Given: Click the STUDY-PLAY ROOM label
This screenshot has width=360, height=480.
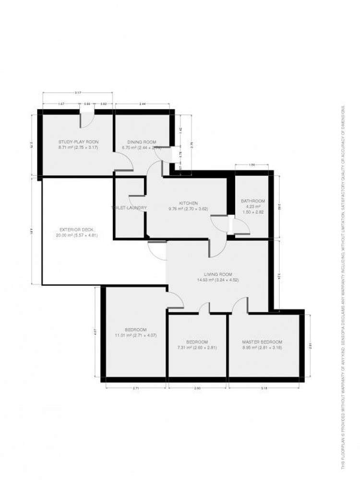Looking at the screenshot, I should point(78,142).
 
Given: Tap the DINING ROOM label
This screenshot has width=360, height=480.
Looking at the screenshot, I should point(142,142).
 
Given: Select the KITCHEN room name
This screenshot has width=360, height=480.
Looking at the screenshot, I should point(189,203).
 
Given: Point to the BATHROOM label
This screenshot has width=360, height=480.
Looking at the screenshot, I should point(253,201).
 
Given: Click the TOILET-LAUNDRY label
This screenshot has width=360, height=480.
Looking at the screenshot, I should point(129,208).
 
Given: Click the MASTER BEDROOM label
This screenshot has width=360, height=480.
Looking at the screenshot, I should point(262,342).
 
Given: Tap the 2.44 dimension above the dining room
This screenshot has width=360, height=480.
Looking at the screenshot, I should point(143,104).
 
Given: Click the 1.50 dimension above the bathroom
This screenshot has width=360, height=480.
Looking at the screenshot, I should point(252,165).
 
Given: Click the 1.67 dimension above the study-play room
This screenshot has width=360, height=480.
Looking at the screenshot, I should point(62,104).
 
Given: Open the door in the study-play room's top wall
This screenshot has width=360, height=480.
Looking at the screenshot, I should point(87,118).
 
